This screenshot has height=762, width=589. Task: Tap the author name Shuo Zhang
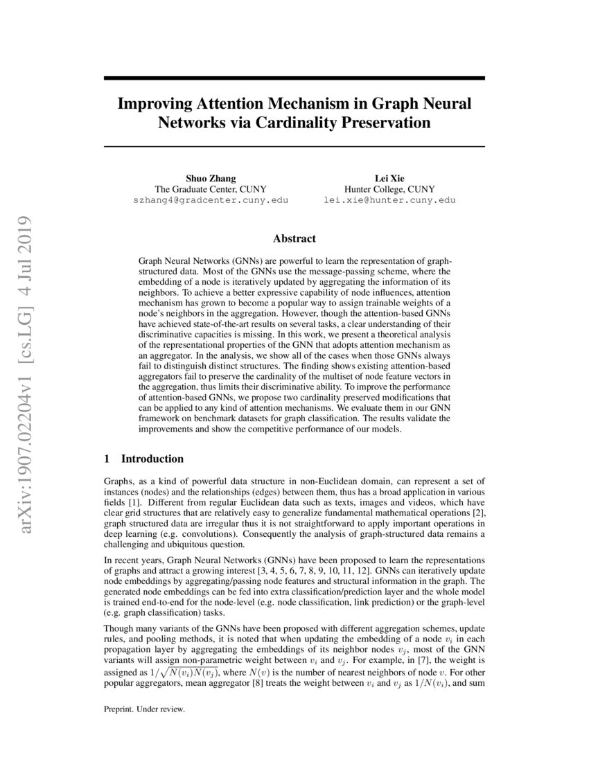click(x=210, y=177)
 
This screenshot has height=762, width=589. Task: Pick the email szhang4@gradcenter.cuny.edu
click(x=210, y=200)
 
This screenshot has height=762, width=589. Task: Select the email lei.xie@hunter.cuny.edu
click(x=389, y=200)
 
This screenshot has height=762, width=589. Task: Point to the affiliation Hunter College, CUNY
click(x=389, y=188)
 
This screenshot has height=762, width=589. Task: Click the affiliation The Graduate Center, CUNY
click(x=210, y=188)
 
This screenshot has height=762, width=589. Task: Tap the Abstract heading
click(x=294, y=238)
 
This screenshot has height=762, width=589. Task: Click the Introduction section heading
click(x=152, y=459)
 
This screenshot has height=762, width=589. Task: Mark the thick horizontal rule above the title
click(x=294, y=79)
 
